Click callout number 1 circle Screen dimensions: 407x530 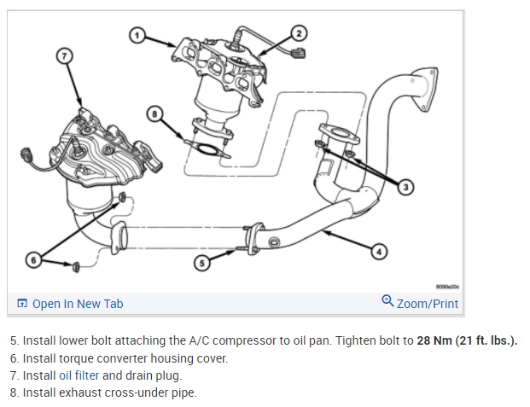pos(137,35)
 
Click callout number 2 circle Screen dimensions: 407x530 pos(299,33)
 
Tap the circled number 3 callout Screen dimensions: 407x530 pos(406,186)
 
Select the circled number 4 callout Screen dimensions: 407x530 pos(381,251)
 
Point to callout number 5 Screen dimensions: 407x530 pos(201,264)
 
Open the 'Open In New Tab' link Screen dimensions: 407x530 pos(78,304)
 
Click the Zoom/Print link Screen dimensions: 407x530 pos(427,304)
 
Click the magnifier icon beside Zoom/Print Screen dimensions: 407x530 pos(388,302)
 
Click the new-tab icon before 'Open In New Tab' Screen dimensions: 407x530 pos(22,304)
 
